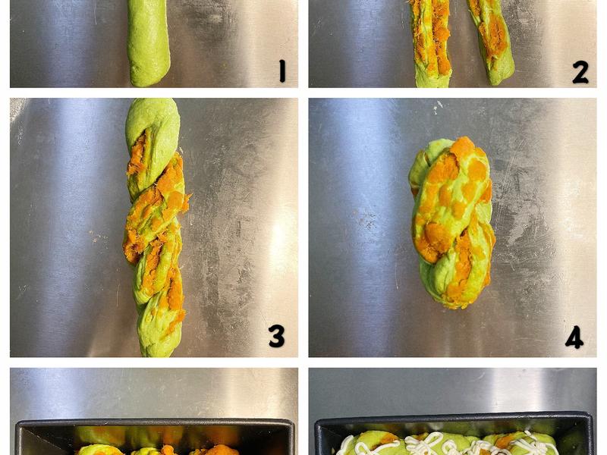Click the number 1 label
pos(282,71)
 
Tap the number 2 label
pos(580,72)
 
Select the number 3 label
pos(277,336)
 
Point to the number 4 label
pos(574,337)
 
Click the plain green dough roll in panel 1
pos(149,42)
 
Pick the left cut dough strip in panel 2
pos(430,42)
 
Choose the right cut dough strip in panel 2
pos(491,42)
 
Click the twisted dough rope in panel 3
pos(155,227)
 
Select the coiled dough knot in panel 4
pos(451,222)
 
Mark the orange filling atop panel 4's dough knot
pos(463,147)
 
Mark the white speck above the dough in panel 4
pos(438,106)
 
